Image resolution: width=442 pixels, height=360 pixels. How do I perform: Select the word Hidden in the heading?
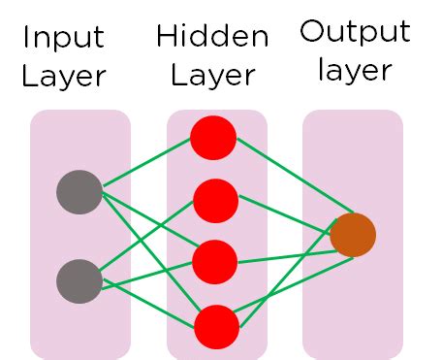click(211, 38)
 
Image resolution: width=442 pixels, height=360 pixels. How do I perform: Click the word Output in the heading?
click(354, 32)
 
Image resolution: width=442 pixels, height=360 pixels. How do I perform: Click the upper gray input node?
click(79, 191)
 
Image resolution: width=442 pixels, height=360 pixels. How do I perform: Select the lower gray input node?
click(79, 281)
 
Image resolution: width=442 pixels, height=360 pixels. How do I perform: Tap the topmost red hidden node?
click(213, 138)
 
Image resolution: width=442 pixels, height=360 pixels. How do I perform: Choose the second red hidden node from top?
click(214, 201)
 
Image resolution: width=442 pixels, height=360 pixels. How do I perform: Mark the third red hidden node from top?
click(214, 262)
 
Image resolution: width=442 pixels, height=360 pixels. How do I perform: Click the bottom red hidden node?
click(215, 326)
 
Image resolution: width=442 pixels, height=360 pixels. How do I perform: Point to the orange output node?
click(352, 235)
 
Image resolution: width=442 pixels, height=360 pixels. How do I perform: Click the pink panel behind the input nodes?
click(80, 330)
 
